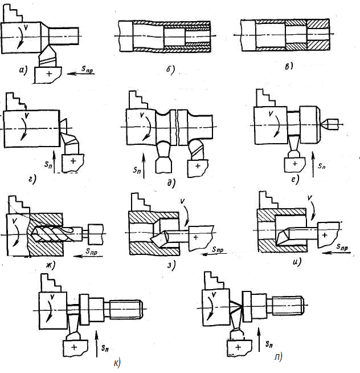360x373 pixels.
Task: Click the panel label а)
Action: coord(23,71)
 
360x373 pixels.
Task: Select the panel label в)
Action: coord(289,66)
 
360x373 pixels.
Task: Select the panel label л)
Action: coord(277,358)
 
